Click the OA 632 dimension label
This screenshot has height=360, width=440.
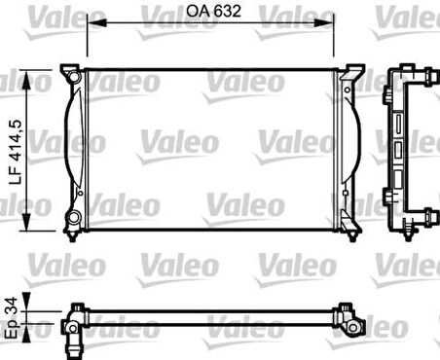[x=213, y=11]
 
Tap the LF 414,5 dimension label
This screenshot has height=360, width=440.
[x=16, y=152]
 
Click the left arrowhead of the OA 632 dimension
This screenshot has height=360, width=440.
[x=97, y=22]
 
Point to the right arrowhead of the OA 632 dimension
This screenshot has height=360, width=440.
[x=324, y=22]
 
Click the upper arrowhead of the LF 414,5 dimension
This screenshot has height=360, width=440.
[x=27, y=81]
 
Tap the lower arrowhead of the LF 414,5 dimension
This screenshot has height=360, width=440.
[x=26, y=220]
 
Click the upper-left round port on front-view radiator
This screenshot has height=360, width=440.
[x=75, y=77]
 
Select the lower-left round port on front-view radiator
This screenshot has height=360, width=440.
[x=75, y=217]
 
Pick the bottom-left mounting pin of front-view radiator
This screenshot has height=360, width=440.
[x=72, y=236]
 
